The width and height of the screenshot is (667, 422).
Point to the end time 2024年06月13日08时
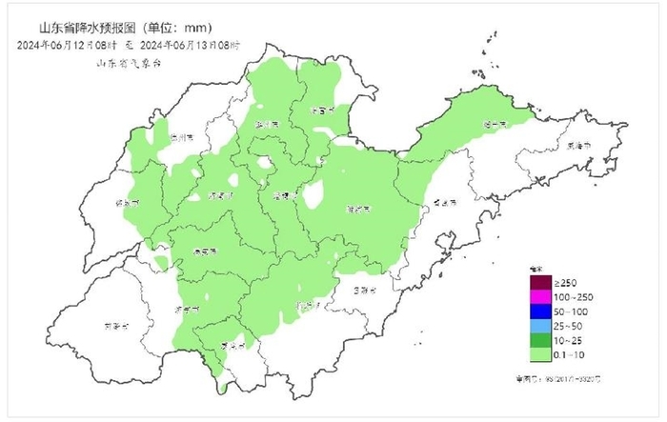(x=190, y=44)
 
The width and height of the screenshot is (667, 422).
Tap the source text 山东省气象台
(x=129, y=62)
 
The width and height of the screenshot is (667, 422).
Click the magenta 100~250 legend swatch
(x=539, y=298)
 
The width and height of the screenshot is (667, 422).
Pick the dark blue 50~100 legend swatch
(x=539, y=312)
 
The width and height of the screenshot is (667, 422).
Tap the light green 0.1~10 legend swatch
(x=539, y=354)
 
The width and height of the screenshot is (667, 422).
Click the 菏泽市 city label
(x=112, y=326)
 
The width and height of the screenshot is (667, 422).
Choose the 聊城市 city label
(x=128, y=203)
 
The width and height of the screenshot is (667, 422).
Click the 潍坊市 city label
(x=359, y=208)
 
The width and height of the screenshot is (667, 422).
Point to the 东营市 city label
(x=324, y=110)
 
